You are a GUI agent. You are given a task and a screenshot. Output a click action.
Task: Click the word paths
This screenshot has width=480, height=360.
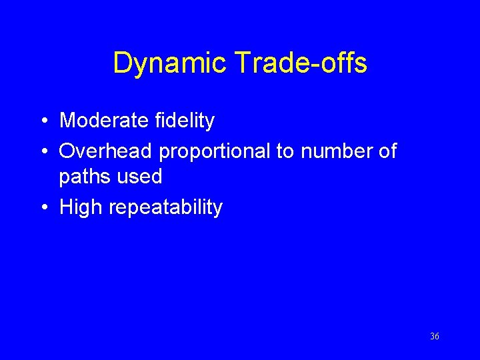[x=83, y=177]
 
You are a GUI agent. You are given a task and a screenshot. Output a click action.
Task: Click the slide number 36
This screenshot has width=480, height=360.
[x=435, y=337]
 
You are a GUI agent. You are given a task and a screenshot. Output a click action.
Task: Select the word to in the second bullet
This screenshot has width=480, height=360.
[x=285, y=151]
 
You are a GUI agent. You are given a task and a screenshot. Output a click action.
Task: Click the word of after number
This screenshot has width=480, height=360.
[x=387, y=151]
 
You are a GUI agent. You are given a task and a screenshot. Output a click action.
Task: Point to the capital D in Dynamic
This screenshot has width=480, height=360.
[x=123, y=63]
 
